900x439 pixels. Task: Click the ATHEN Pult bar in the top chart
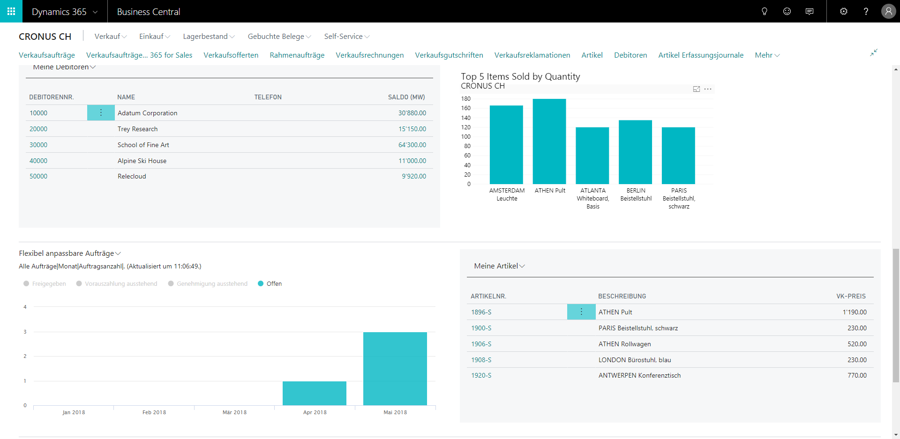(549, 141)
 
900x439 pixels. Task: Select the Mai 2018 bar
(395, 369)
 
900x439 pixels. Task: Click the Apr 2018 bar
(315, 393)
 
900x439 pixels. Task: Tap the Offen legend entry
(270, 283)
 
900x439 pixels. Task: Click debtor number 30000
(38, 145)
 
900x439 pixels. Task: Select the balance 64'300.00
(412, 145)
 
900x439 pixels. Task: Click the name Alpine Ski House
(142, 161)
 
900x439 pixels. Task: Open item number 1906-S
(481, 344)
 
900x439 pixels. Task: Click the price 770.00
(857, 375)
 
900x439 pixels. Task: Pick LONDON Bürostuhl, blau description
(635, 360)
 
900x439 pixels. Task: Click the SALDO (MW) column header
(406, 97)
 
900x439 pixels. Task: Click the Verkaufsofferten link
(231, 55)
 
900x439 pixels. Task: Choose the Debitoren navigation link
(630, 55)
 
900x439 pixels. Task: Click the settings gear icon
(844, 11)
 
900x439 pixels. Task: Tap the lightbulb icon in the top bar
(765, 11)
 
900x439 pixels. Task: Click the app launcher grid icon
(11, 11)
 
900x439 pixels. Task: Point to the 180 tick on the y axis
(466, 99)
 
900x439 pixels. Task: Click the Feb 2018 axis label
(154, 412)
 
